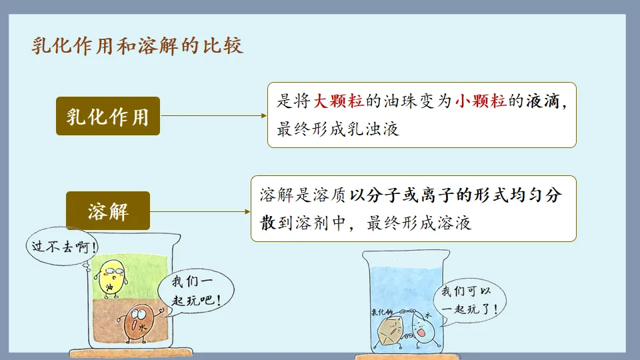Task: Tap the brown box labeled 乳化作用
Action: click(x=108, y=116)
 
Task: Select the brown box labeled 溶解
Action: click(x=108, y=211)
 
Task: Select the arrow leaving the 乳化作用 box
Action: click(x=213, y=115)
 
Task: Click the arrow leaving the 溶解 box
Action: click(x=200, y=211)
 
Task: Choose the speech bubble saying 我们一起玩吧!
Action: click(x=191, y=289)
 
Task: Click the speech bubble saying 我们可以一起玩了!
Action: click(x=469, y=301)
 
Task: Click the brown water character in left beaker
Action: click(x=140, y=323)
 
